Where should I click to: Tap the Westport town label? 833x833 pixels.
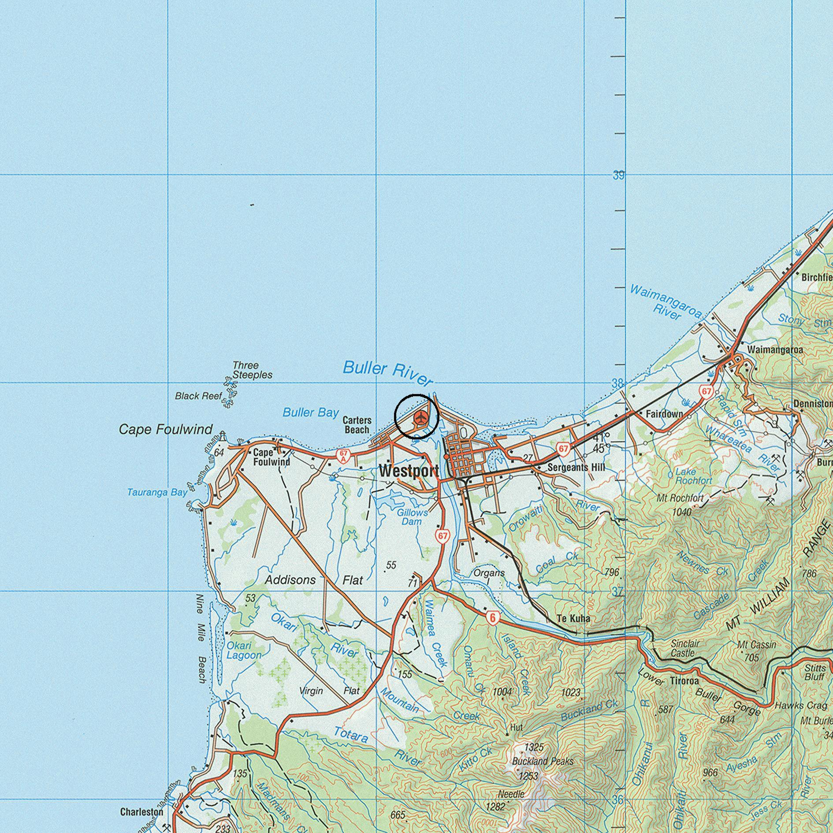coord(409,471)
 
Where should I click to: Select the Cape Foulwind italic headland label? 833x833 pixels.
coord(166,429)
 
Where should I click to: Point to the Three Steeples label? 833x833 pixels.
coord(252,370)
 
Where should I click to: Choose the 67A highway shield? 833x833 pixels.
coord(342,456)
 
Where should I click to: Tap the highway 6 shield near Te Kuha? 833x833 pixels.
coord(492,619)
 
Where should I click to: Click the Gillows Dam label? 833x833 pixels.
coord(412,517)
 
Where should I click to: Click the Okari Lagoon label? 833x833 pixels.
coord(244,650)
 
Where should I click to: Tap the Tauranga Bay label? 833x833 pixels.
coord(157,492)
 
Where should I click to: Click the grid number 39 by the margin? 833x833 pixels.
coord(618,175)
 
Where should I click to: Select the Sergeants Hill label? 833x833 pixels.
coord(576,467)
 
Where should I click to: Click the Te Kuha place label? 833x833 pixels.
coord(573,619)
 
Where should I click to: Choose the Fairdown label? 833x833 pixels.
coord(664,414)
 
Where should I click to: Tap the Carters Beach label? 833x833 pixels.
coord(357,425)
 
